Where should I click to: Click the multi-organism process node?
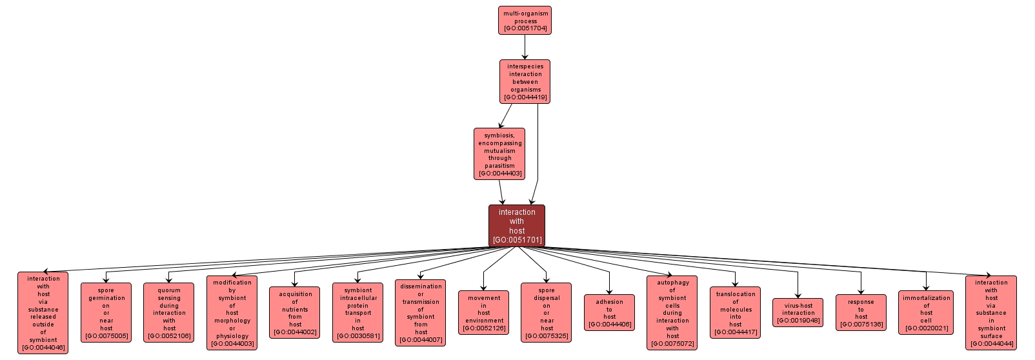[x=525, y=21]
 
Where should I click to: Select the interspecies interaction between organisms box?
[x=525, y=81]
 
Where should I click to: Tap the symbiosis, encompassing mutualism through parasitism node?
[x=499, y=154]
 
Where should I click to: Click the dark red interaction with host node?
[x=517, y=226]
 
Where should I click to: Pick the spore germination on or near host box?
[x=106, y=313]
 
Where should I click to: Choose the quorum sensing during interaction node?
[x=169, y=313]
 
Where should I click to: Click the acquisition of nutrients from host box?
[x=295, y=313]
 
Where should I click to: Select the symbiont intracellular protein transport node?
[x=358, y=313]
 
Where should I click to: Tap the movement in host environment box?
[x=484, y=313]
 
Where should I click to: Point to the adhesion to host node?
[x=609, y=313]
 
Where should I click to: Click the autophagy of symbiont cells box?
[x=672, y=313]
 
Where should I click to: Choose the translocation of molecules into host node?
[x=735, y=313]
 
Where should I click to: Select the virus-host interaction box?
[x=798, y=313]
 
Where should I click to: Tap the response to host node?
[x=861, y=313]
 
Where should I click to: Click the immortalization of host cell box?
[x=926, y=313]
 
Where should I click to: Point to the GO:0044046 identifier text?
[x=43, y=348]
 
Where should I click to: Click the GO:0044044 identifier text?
[x=991, y=344]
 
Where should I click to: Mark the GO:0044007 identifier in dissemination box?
[x=421, y=340]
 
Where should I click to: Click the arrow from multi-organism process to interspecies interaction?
[x=525, y=47]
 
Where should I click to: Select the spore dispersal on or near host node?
[x=547, y=313]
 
